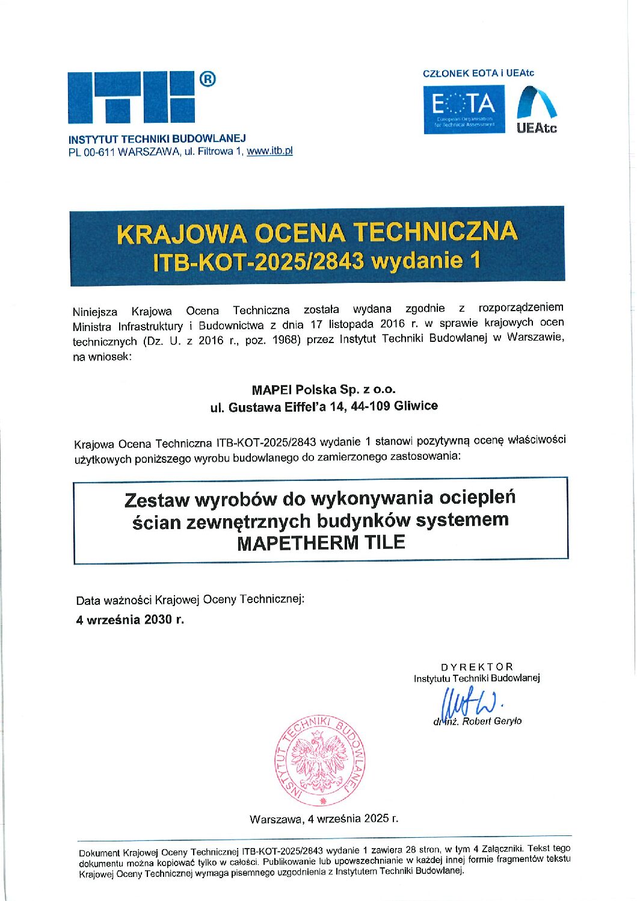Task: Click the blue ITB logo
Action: tap(131, 98)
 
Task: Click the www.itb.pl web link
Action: tap(269, 151)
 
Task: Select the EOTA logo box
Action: tap(464, 109)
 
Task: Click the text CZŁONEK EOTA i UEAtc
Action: tap(478, 73)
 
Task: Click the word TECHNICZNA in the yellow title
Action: tap(435, 232)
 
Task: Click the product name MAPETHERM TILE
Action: tap(321, 543)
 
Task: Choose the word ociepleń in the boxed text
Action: tap(478, 498)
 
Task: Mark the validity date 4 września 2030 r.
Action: tap(130, 619)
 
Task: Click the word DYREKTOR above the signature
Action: tap(477, 667)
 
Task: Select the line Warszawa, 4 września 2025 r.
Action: tap(324, 819)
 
